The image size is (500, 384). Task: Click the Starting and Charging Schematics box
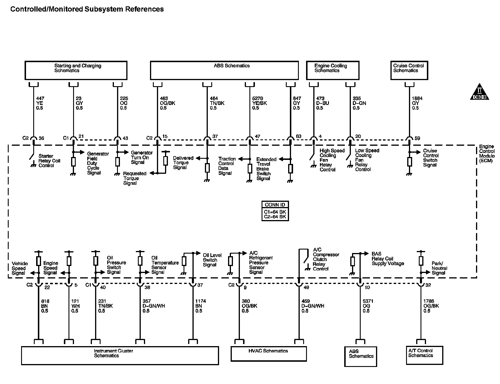76,70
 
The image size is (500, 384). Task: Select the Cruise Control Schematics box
409,70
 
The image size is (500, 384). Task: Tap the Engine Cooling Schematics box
332,70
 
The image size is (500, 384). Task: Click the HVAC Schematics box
268,353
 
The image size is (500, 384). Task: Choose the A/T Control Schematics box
424,355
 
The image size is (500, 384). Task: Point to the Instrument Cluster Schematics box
120,356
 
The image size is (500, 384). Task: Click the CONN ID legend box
275,211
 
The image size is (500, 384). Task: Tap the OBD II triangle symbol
479,93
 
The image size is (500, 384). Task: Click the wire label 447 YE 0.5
39,103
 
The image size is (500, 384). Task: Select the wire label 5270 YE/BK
259,103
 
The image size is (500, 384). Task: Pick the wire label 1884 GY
417,103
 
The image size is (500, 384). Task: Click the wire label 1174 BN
200,306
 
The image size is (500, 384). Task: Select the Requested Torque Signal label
134,178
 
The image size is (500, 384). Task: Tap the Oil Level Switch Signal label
212,260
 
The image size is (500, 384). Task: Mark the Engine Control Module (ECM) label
487,154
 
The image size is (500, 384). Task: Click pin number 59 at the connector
417,139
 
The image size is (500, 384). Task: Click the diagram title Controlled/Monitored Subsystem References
87,9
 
